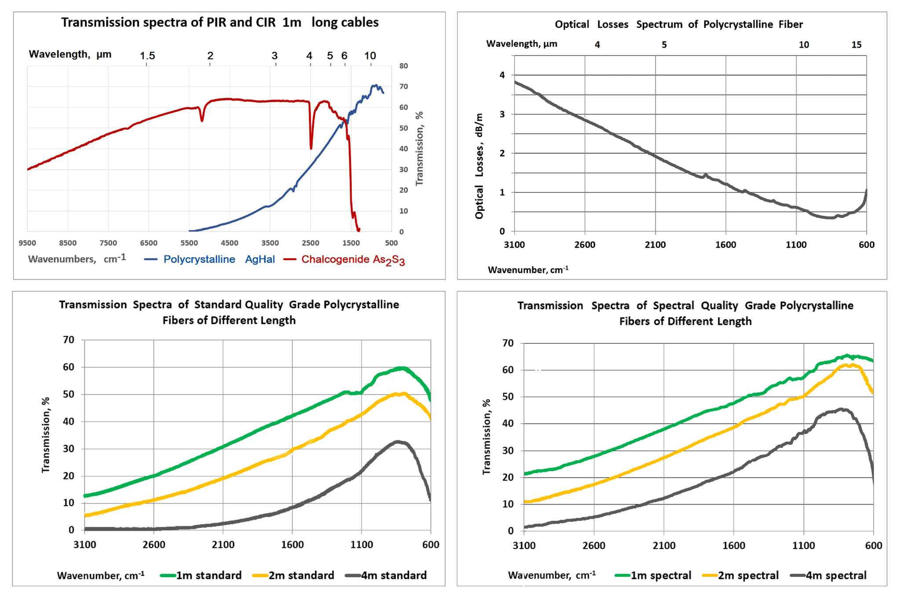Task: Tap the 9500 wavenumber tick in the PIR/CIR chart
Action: [27, 243]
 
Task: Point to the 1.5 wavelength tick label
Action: [147, 56]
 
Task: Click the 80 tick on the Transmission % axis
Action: [403, 66]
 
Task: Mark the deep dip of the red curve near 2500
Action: [311, 148]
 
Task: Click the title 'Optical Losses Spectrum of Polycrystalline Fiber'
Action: [678, 25]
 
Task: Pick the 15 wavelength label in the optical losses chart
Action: [856, 44]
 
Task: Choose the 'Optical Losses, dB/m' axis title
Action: [479, 166]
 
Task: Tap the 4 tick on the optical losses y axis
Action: [502, 75]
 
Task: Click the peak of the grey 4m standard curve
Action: [398, 441]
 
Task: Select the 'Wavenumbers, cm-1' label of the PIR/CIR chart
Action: [77, 259]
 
